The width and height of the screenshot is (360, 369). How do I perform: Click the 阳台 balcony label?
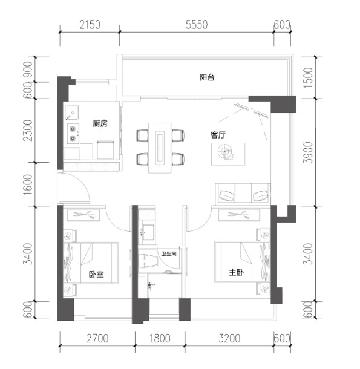coord(207,77)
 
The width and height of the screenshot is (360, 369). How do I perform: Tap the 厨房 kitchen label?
coord(100,123)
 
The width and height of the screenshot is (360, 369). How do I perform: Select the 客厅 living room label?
coord(218,135)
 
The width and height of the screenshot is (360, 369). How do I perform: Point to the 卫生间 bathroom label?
coord(169,254)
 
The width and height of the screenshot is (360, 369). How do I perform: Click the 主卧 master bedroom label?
coord(236,272)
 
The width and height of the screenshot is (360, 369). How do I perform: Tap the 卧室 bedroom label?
coord(96,274)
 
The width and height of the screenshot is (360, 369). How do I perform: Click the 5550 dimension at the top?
coord(197,25)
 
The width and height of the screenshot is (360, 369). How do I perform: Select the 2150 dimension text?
coord(90,25)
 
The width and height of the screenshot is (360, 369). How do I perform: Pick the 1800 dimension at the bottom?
coord(160,338)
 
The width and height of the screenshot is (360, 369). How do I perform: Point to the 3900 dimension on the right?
coord(308,152)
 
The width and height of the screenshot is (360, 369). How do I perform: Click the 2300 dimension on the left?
coord(28,131)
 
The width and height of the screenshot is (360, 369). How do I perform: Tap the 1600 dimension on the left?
coord(28,184)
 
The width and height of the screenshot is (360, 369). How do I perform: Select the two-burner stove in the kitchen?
coord(73,133)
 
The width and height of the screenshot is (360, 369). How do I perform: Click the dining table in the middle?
coord(160,148)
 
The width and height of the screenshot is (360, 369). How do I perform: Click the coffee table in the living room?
coord(228,154)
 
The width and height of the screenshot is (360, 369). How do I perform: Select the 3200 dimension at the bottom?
coord(229,338)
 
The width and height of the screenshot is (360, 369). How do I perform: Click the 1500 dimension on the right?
coord(308,78)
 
